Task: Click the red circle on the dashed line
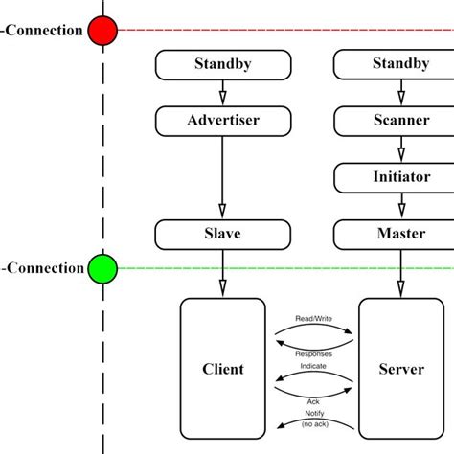(x=102, y=31)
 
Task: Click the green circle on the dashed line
(x=102, y=268)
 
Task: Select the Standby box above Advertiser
(x=222, y=65)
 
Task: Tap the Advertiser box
(x=222, y=121)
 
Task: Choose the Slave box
(x=222, y=234)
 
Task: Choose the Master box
(x=400, y=234)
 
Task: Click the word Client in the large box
(x=223, y=369)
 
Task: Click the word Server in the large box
(x=401, y=369)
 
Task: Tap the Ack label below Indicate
(x=312, y=402)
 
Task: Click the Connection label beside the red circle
(x=43, y=31)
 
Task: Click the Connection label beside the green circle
(x=43, y=268)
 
